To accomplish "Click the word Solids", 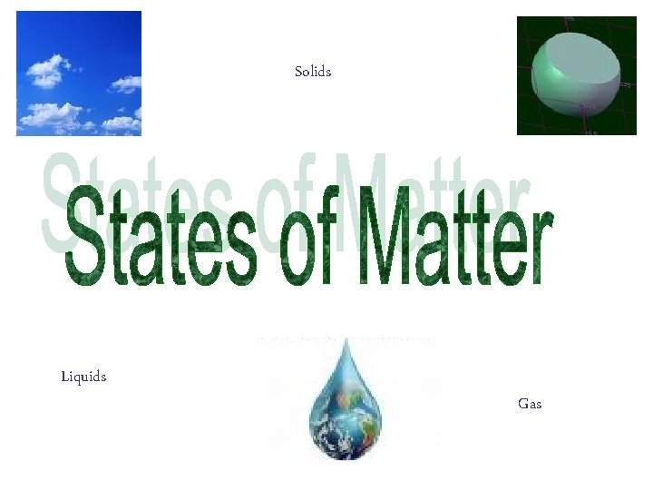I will pyautogui.click(x=313, y=71).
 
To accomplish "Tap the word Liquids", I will pyautogui.click(x=83, y=376).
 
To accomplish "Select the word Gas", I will pyautogui.click(x=530, y=403).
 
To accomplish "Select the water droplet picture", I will pyautogui.click(x=344, y=400).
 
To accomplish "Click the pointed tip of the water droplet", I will pyautogui.click(x=344, y=342).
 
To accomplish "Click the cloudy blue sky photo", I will pyautogui.click(x=79, y=73).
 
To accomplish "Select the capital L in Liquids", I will pyautogui.click(x=64, y=376).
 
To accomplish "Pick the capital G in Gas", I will pyautogui.click(x=523, y=403).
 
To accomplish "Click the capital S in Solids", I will pyautogui.click(x=299, y=71).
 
